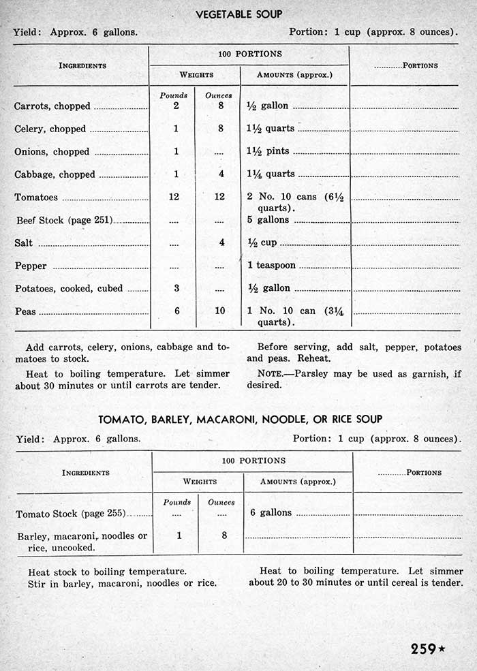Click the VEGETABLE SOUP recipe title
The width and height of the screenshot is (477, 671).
click(238, 14)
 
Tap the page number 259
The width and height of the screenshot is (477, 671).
click(423, 649)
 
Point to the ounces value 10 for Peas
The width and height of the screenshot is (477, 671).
click(219, 311)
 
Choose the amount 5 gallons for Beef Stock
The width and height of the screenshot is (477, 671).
click(268, 220)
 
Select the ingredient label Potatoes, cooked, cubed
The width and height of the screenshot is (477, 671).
click(69, 289)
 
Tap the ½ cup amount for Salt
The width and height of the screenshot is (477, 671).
click(262, 243)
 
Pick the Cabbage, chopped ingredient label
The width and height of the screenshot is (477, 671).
click(55, 174)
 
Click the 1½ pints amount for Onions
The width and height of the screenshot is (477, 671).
click(268, 151)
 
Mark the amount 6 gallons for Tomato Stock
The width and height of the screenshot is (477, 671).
click(271, 512)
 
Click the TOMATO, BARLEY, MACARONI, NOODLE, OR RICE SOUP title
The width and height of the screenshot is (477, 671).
click(240, 419)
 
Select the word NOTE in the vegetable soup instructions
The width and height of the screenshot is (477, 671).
click(271, 373)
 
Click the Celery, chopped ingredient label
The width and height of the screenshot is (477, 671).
click(50, 129)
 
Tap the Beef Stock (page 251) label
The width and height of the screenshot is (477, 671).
click(65, 220)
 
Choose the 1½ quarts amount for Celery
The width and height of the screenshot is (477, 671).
click(271, 129)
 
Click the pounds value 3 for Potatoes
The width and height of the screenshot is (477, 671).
click(176, 288)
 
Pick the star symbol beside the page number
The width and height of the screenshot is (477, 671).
click(442, 649)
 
